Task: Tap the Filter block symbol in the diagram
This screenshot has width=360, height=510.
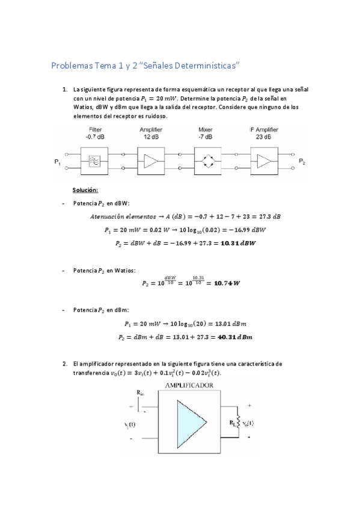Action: (95, 161)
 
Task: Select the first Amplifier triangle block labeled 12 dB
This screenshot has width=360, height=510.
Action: (149, 161)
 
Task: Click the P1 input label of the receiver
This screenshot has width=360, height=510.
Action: (57, 162)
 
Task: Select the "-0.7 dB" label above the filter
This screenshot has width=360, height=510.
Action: (95, 137)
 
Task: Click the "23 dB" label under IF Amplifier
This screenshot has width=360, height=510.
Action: (263, 137)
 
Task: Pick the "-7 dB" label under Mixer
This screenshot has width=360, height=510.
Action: (206, 137)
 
